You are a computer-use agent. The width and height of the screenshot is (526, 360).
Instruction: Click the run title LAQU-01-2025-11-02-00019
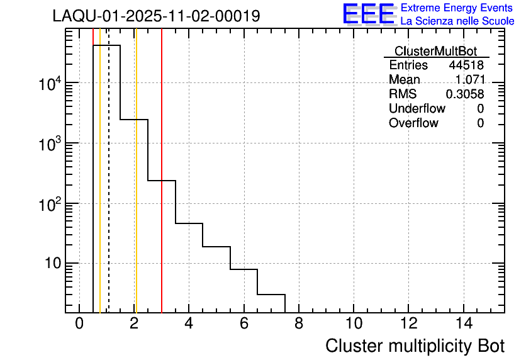coord(156,16)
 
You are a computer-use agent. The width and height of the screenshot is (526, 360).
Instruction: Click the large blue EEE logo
coord(369,14)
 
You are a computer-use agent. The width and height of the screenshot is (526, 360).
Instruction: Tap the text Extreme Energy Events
coord(457,8)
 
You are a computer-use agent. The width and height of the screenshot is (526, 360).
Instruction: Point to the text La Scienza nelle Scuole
coord(457,21)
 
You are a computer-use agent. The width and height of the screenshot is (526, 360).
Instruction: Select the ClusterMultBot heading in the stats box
coord(435,51)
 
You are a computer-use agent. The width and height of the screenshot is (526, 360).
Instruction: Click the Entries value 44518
coord(466,65)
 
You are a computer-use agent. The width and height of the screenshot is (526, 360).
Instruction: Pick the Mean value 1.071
coord(469,80)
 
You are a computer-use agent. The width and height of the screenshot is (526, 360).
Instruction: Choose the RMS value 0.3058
coord(465,94)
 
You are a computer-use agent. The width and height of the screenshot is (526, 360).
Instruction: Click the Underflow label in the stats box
coord(417,109)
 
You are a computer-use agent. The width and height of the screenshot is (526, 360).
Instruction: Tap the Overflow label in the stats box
coord(413,123)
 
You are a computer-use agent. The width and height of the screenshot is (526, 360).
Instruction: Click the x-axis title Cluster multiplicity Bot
coord(415,346)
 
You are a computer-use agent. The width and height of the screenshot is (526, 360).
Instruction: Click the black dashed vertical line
coord(109,189)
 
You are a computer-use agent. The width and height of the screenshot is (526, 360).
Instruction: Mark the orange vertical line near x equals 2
coord(136,189)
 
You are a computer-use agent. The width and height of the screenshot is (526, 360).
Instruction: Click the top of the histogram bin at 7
coord(271,294)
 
